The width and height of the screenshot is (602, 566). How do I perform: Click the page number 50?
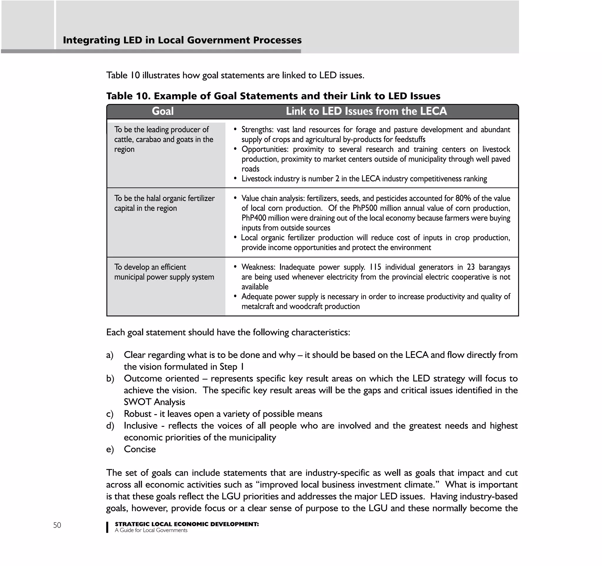57,525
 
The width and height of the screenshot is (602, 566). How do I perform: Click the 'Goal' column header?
163,111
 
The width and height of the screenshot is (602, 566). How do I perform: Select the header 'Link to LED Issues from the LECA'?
366,111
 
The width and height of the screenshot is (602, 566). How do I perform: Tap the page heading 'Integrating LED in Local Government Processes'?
182,40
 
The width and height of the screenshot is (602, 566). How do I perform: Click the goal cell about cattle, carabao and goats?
164,139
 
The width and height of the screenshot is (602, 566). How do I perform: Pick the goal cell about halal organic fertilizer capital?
164,203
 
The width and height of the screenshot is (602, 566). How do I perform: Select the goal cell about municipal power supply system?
164,272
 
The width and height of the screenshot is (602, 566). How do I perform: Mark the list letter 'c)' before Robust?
110,414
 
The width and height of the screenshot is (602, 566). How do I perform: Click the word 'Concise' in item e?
140,449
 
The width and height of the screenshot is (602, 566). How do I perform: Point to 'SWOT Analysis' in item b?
154,402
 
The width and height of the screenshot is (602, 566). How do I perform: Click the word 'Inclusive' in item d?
141,426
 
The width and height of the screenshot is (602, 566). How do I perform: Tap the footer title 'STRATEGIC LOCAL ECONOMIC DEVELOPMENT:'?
187,524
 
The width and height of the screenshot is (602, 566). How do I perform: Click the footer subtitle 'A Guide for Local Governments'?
151,530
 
